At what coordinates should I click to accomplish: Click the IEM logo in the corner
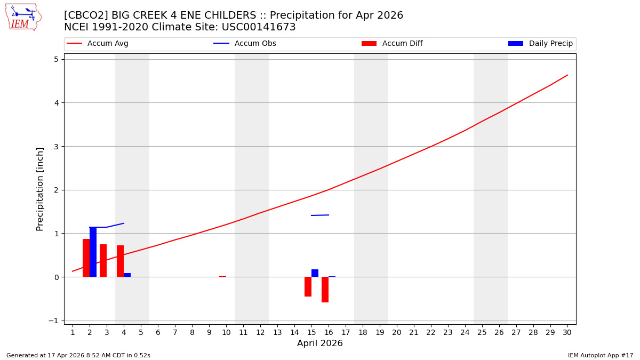tap(23, 17)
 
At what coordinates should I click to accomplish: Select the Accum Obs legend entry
tap(245, 44)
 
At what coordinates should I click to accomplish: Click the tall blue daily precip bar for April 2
tap(93, 252)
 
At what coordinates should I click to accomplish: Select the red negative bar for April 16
tap(325, 290)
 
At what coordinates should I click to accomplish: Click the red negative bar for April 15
tap(308, 286)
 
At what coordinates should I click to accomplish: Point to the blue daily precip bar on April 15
tap(315, 273)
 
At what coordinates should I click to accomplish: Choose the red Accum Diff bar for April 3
tap(103, 260)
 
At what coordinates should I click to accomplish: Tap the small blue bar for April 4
tap(127, 275)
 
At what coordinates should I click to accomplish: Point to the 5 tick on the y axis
tap(55, 59)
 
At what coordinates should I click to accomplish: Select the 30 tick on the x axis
tap(567, 332)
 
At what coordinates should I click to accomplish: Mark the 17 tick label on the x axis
tap(346, 332)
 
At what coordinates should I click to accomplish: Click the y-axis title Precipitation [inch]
tap(40, 189)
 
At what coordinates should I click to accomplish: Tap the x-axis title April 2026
tap(319, 343)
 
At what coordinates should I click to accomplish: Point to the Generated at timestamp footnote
tap(78, 355)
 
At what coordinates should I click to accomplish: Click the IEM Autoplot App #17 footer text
tap(601, 355)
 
